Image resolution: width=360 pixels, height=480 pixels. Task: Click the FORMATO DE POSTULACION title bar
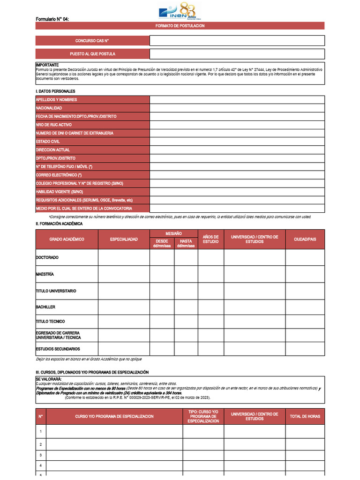pyautogui.click(x=180, y=26)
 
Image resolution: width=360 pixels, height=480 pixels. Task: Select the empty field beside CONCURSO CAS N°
pyautogui.click(x=237, y=41)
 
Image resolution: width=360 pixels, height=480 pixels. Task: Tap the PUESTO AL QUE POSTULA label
pyautogui.click(x=92, y=54)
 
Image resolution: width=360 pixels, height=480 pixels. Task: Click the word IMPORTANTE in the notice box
pyautogui.click(x=47, y=65)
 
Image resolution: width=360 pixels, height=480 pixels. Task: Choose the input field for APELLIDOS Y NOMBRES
pyautogui.click(x=237, y=99)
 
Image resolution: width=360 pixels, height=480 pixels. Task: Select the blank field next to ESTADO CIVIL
pyautogui.click(x=237, y=142)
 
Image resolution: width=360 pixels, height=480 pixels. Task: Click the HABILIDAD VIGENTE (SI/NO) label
pyautogui.click(x=60, y=192)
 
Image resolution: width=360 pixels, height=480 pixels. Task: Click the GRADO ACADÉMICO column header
pyautogui.click(x=67, y=240)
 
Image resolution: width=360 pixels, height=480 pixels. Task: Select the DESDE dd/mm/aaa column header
pyautogui.click(x=162, y=244)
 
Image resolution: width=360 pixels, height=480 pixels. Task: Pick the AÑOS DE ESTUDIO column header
pyautogui.click(x=210, y=240)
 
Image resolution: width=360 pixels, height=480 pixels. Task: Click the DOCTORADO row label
pyautogui.click(x=47, y=258)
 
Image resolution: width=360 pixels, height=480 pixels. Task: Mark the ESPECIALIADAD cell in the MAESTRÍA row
pyautogui.click(x=124, y=274)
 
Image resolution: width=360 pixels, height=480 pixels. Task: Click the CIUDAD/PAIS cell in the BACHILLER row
pyautogui.click(x=305, y=307)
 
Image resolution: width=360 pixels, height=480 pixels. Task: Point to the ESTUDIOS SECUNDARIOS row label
pyautogui.click(x=58, y=349)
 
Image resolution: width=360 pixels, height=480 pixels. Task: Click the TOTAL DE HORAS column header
pyautogui.click(x=305, y=416)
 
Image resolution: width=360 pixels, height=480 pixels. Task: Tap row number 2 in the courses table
pyautogui.click(x=41, y=444)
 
